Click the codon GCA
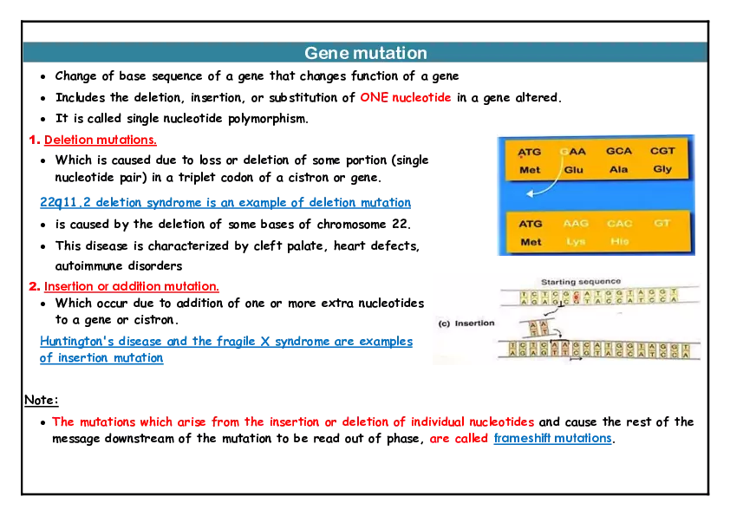click(x=619, y=151)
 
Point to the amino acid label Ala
click(x=619, y=170)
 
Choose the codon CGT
click(x=662, y=151)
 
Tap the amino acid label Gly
click(x=662, y=170)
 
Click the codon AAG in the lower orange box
click(x=576, y=223)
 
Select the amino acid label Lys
click(x=576, y=242)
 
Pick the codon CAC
click(x=619, y=223)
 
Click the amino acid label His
click(x=619, y=242)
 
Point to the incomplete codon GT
click(x=662, y=223)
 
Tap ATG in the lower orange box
click(x=531, y=223)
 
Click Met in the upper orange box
click(x=530, y=170)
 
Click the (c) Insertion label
click(x=466, y=323)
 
